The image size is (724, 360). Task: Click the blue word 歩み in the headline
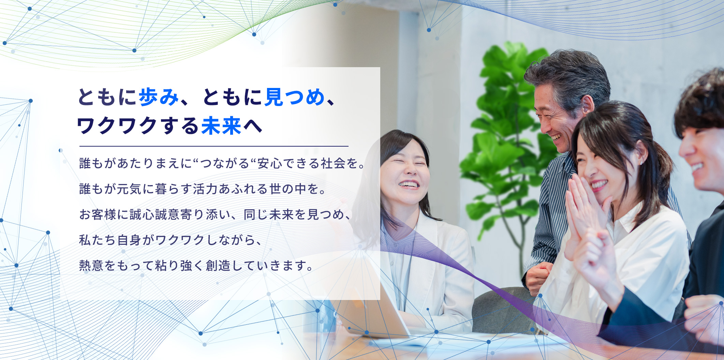[159, 97]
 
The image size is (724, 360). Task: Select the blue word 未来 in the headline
[221, 126]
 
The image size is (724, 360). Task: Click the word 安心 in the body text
[270, 164]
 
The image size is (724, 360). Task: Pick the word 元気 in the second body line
[129, 189]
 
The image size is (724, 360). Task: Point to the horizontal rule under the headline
[214, 146]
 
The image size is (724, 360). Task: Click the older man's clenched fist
[538, 277]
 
